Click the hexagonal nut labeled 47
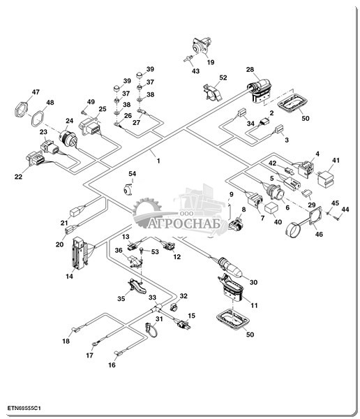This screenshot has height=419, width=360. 21,109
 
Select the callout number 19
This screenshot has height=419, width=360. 211,62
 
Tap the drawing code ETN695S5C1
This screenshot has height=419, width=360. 24,409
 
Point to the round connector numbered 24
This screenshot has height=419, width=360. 68,139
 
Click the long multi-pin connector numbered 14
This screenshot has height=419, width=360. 80,253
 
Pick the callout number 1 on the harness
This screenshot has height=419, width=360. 158,161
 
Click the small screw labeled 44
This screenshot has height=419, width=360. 337,217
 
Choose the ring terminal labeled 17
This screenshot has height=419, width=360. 95,344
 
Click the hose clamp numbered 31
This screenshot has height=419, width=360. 151,330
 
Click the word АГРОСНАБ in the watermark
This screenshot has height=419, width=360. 184,223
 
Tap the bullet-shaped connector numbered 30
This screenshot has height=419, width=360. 230,267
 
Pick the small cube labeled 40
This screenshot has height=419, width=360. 271,209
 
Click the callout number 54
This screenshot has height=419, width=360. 132,174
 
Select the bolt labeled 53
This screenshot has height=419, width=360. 142,251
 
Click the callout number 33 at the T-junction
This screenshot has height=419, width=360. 153,297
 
